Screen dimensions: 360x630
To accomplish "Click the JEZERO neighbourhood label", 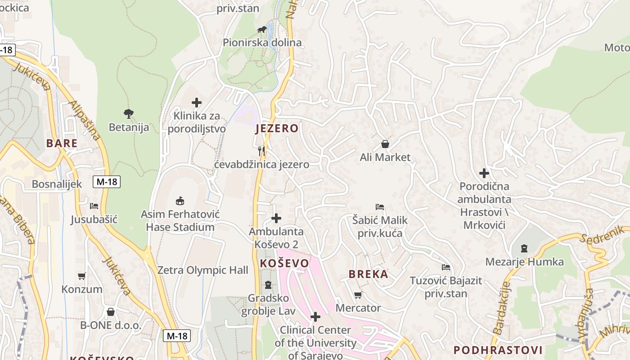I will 276,128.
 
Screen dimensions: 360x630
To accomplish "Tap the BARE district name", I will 62,144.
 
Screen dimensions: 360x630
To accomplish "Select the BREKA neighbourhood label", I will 368,274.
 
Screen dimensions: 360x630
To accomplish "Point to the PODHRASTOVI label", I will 498,350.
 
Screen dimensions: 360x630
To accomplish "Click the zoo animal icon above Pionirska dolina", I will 261,30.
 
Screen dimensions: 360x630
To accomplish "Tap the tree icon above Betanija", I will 129,114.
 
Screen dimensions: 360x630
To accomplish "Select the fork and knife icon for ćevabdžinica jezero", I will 261,151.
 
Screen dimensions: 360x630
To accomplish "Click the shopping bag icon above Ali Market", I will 385,144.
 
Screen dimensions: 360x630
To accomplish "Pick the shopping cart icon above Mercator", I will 358,295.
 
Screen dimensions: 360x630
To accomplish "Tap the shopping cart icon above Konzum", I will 82,276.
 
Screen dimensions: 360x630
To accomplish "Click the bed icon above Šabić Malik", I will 380,207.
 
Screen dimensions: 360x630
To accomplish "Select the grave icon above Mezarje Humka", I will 524,248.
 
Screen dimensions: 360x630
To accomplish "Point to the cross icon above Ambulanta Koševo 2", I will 276,219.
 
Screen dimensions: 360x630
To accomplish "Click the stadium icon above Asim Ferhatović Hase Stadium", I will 180,200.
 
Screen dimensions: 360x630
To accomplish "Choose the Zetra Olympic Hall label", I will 202,270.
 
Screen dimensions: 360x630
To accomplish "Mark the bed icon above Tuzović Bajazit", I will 445,267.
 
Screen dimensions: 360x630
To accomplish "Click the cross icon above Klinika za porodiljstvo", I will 197,103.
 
